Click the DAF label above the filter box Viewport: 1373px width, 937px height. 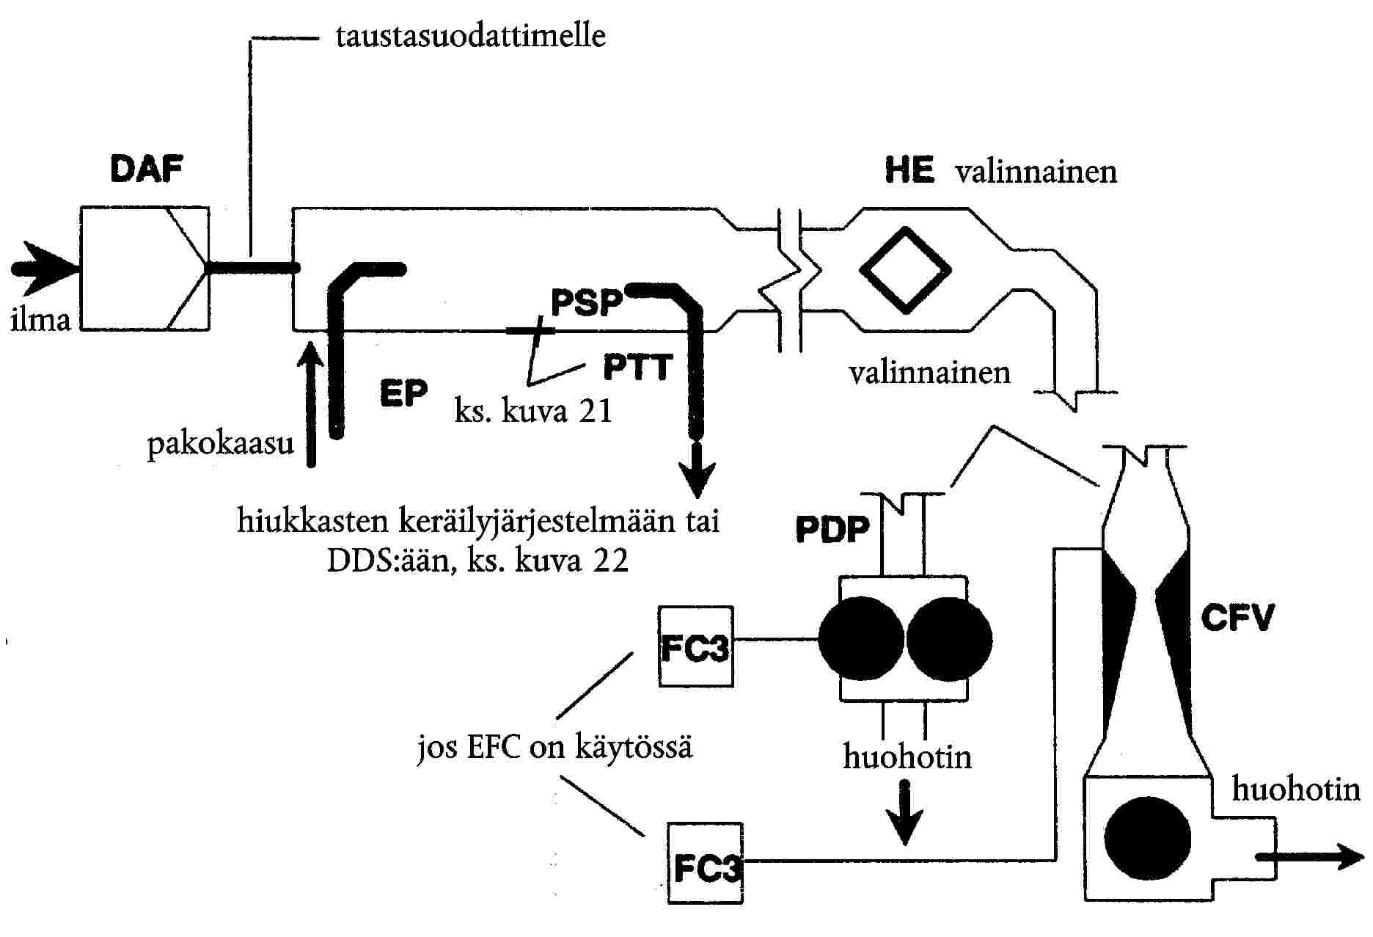[147, 170]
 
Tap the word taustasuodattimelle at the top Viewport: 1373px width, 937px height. [471, 36]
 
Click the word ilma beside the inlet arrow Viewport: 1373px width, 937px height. [41, 321]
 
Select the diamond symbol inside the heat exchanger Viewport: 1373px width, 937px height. [905, 269]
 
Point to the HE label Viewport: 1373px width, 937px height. [909, 170]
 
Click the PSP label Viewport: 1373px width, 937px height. [587, 302]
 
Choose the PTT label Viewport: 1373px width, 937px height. [637, 367]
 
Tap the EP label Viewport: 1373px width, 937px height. [404, 393]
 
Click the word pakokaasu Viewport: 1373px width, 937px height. [221, 445]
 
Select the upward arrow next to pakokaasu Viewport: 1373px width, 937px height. [312, 403]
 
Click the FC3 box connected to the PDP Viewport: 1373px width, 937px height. [696, 646]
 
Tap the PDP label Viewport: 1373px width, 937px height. [832, 530]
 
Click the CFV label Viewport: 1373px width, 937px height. [1237, 618]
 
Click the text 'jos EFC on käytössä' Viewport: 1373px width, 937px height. [555, 748]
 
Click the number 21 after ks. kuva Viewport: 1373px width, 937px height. [593, 411]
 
